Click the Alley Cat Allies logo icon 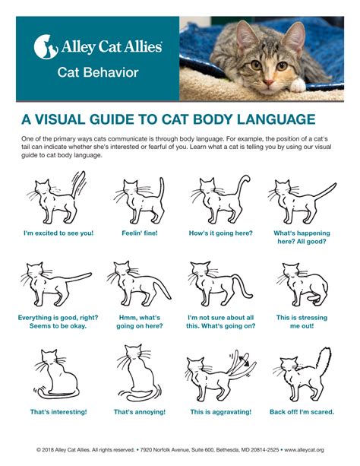(44, 46)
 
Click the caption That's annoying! (140, 411)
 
